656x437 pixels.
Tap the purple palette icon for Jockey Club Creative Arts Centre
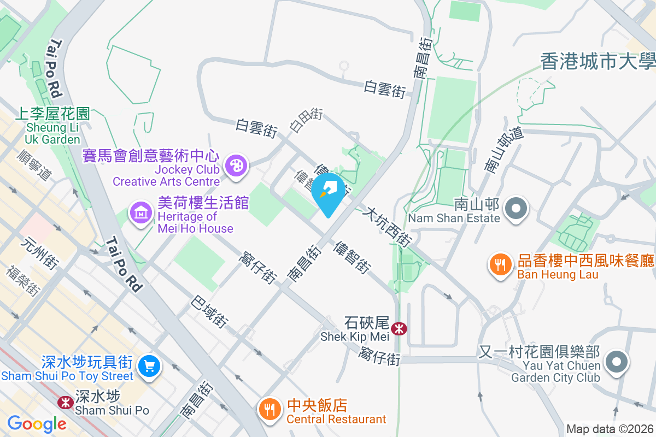click(236, 166)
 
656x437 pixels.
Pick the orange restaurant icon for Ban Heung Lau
click(500, 266)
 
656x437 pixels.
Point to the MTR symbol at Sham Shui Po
click(66, 403)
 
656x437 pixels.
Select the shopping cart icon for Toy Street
click(148, 365)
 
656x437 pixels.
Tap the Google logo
click(36, 423)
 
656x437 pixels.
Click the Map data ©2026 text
click(609, 429)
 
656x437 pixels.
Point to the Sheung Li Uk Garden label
click(52, 126)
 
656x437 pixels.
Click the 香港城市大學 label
click(598, 61)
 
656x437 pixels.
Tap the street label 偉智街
click(352, 257)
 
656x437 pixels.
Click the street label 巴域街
click(209, 312)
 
